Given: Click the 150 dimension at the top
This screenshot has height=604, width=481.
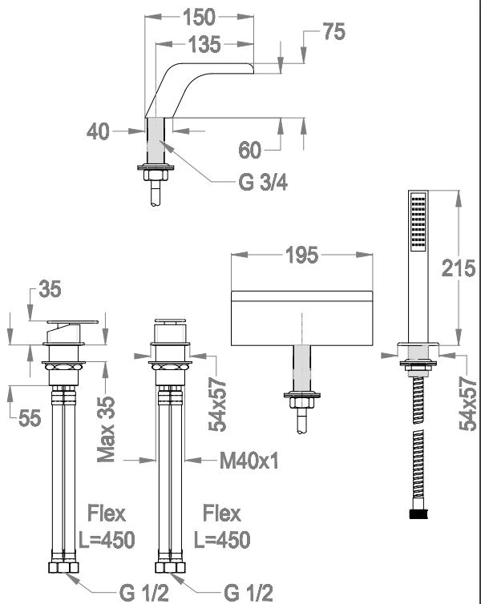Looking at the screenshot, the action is [x=199, y=17].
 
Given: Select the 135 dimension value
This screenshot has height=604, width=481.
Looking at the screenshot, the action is [x=204, y=44].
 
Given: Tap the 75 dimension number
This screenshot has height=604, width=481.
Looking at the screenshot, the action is [x=333, y=31].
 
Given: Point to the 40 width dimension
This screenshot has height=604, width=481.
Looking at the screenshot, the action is [x=98, y=131].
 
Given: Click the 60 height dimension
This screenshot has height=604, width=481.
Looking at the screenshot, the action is [x=250, y=150].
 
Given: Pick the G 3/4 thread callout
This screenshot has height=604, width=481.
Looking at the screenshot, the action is [x=263, y=182].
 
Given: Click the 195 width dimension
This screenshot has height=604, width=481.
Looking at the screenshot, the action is [x=301, y=255].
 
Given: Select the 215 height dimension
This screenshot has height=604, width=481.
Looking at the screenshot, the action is [x=459, y=268].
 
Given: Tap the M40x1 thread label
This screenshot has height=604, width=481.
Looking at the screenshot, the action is [x=249, y=460].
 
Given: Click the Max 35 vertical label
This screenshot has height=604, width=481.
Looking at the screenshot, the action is [x=106, y=429].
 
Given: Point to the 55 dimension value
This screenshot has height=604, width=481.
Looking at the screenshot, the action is [x=30, y=418].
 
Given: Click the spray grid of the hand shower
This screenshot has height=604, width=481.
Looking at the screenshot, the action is [x=418, y=222].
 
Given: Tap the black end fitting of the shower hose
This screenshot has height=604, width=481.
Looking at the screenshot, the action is [x=418, y=513].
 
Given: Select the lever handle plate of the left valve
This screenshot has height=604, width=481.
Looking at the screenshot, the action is [x=72, y=322].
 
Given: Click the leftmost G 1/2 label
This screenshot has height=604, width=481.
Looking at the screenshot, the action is [x=144, y=593].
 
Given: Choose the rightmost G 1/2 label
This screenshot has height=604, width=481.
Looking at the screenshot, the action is [x=249, y=593].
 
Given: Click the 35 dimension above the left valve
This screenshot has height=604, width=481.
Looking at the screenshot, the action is [x=50, y=289].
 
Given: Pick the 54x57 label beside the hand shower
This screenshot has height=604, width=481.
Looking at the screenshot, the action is [x=468, y=404].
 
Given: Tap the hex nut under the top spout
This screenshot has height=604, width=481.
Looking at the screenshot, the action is [x=156, y=175].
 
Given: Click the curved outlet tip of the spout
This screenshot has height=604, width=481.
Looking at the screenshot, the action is [x=251, y=69].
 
